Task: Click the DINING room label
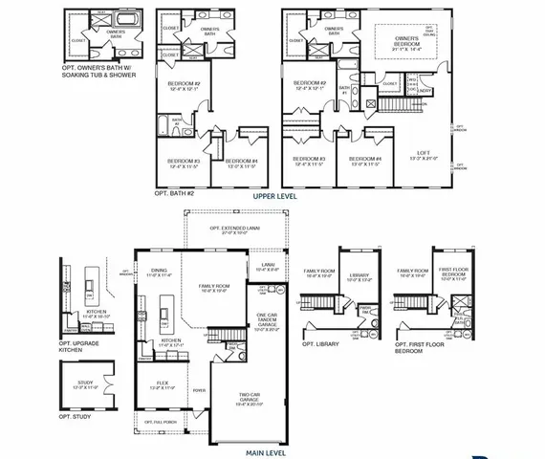(159, 273)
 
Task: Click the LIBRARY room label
(358, 276)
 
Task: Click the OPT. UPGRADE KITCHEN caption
(82, 347)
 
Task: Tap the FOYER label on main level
(200, 389)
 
